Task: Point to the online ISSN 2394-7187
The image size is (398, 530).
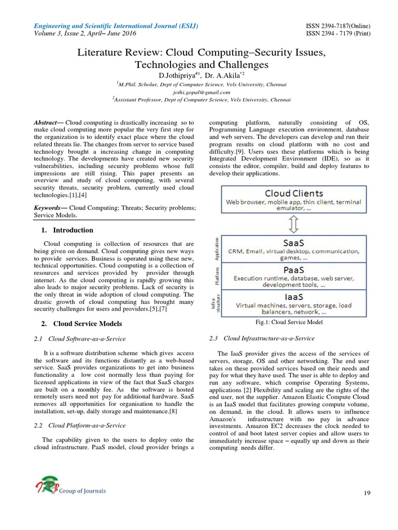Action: [x=336, y=26]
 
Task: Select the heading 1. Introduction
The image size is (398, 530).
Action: [x=67, y=230]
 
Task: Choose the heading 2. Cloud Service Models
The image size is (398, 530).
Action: [x=81, y=323]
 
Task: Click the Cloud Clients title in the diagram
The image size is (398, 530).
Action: [x=293, y=193]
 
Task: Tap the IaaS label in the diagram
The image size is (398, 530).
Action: [x=294, y=297]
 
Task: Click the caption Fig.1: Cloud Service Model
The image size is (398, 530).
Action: [x=289, y=322]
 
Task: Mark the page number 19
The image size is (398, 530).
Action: [x=367, y=493]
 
